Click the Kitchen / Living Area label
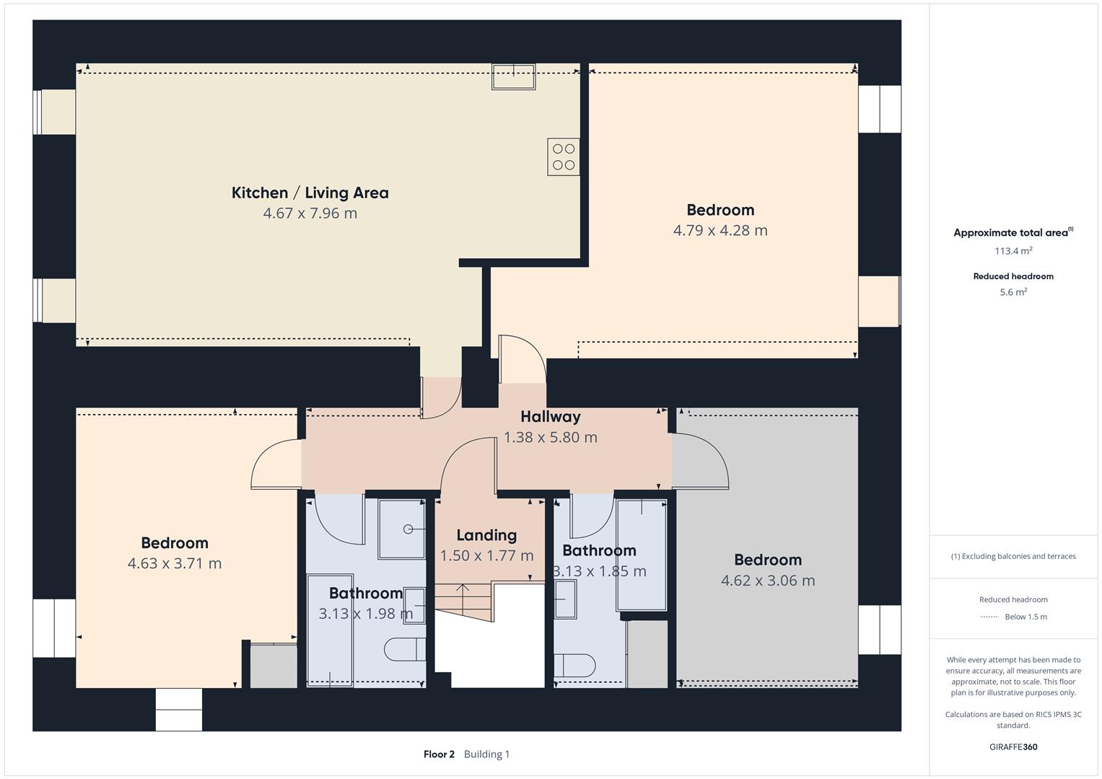pos(310,193)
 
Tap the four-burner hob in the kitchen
pos(563,157)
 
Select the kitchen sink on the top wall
pos(513,76)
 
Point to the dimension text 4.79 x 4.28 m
pos(720,231)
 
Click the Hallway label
pos(550,417)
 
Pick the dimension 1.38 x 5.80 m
pos(550,437)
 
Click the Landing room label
pos(486,535)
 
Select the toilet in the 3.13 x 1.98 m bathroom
pos(404,649)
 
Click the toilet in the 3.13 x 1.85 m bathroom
pos(574,664)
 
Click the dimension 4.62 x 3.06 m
pos(767,581)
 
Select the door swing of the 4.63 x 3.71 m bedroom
pos(276,465)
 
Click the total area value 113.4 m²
pos(1013,251)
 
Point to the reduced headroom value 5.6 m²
pos(1013,292)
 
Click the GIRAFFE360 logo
pos(1013,747)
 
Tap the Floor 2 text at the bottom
pos(439,754)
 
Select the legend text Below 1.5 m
pos(1026,617)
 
